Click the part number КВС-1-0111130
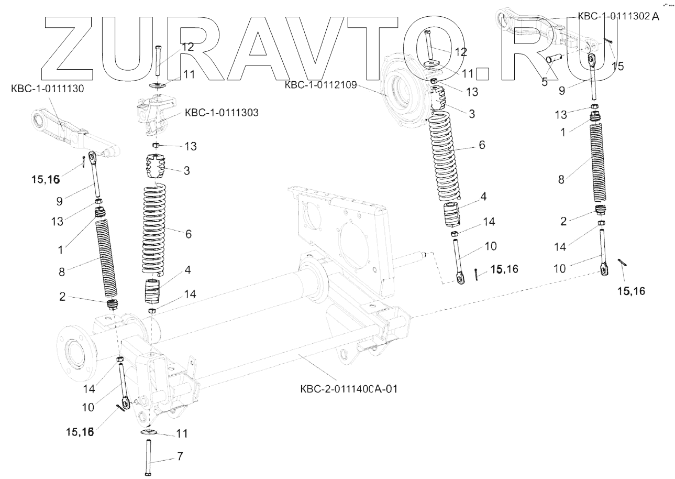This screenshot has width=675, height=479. point(48,89)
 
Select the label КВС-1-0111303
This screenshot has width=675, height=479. point(221,113)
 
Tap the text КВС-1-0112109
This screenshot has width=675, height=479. point(320,85)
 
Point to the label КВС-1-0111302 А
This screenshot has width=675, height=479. point(618,16)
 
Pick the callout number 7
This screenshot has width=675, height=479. point(180,456)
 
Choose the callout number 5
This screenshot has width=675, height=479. point(545,82)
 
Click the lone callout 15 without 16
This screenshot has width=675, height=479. point(618,67)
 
